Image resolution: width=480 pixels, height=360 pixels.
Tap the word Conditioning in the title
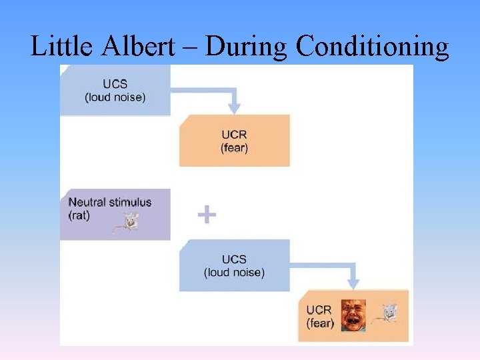pyautogui.click(x=372, y=47)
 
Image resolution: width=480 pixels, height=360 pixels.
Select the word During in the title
pyautogui.click(x=247, y=47)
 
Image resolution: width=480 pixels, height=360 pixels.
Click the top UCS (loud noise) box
pyautogui.click(x=115, y=91)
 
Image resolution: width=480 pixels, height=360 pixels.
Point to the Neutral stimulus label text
pyautogui.click(x=110, y=202)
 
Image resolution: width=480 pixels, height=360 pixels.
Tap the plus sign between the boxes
pyautogui.click(x=207, y=215)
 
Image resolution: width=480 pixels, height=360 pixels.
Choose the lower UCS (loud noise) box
pyautogui.click(x=234, y=265)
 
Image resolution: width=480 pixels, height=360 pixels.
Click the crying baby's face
pyautogui.click(x=353, y=315)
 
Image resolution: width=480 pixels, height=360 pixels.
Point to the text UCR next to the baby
pyautogui.click(x=319, y=310)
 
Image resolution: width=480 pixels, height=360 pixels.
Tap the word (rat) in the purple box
pyautogui.click(x=79, y=215)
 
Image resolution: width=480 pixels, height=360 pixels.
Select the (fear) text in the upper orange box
pyautogui.click(x=234, y=148)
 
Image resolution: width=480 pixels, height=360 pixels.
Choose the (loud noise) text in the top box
pyautogui.click(x=115, y=97)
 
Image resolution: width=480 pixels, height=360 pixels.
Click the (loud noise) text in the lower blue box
pyautogui.click(x=234, y=272)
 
